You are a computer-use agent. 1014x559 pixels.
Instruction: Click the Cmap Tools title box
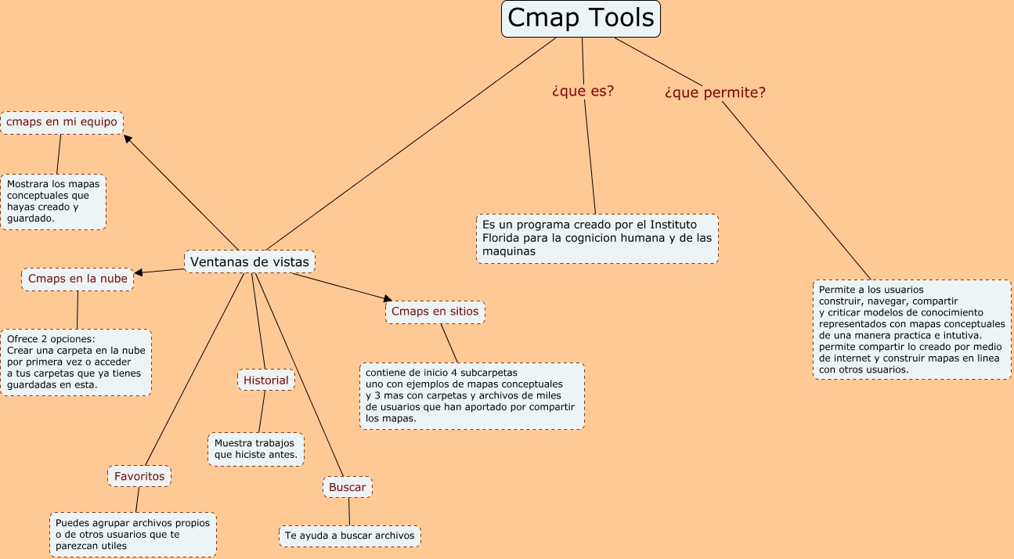tap(580, 19)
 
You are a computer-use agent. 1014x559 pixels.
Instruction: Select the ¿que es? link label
tap(583, 91)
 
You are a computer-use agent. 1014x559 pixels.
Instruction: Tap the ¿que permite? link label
tap(715, 92)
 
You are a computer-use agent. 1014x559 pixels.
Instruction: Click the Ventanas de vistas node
tap(250, 261)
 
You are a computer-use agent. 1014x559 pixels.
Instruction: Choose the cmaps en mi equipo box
tap(62, 122)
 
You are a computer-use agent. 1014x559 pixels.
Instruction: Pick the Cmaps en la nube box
tap(78, 279)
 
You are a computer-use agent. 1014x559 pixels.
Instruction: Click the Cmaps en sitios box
tap(435, 312)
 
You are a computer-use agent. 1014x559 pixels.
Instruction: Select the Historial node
tap(266, 380)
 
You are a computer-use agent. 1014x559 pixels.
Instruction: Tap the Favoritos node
tap(139, 476)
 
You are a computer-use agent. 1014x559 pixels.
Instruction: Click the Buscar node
tap(347, 487)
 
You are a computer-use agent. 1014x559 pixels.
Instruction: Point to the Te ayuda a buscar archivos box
tap(349, 536)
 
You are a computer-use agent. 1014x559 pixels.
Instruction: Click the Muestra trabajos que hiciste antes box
tap(255, 449)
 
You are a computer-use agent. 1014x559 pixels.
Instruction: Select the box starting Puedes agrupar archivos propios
tap(132, 534)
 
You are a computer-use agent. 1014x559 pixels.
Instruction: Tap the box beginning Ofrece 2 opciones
tap(76, 362)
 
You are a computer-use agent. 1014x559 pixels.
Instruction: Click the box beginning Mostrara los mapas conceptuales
tap(53, 201)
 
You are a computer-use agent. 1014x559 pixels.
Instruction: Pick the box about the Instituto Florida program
tap(597, 238)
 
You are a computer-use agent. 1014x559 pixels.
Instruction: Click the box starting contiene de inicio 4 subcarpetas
tap(472, 395)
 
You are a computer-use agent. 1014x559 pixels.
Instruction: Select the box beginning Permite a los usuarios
tap(911, 329)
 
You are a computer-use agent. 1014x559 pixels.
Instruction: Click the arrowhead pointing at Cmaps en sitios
tap(387, 298)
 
